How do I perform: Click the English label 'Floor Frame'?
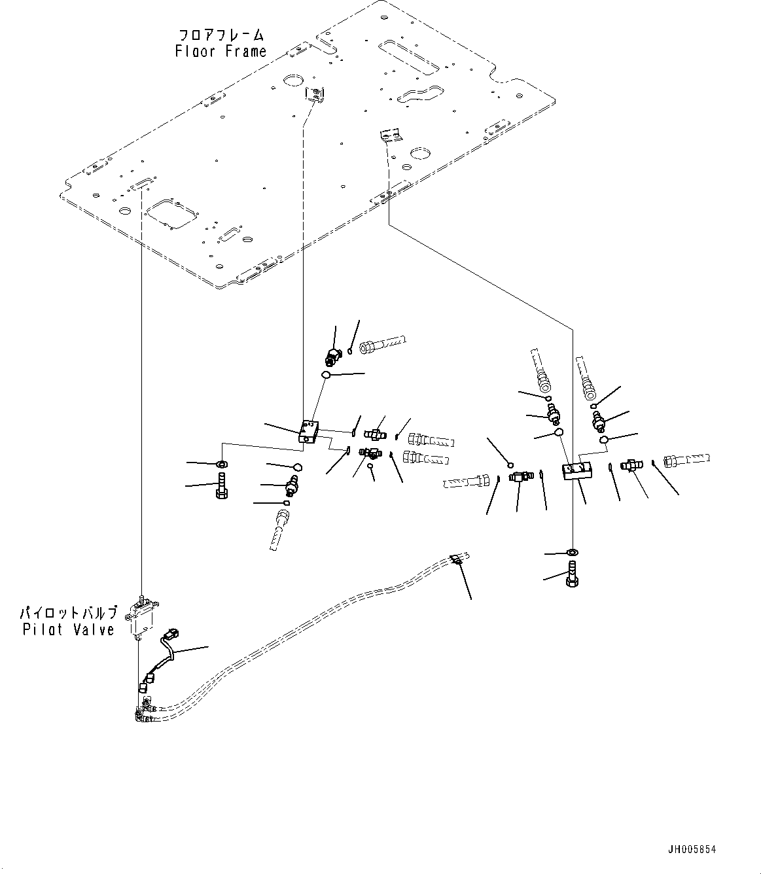coord(221,51)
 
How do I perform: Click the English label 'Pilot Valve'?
coord(68,629)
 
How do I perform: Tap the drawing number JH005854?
coord(692,849)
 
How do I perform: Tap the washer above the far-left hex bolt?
coord(221,464)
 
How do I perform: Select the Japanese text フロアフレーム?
coord(221,34)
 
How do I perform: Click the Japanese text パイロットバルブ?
coord(68,614)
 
